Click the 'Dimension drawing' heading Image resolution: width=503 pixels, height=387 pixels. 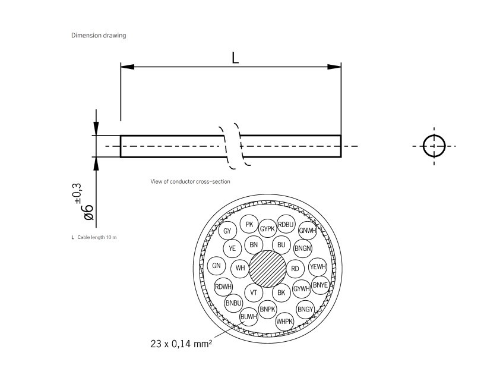pos(99,36)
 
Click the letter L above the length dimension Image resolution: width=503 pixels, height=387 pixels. pos(235,58)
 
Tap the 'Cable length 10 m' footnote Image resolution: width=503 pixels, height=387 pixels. pos(94,237)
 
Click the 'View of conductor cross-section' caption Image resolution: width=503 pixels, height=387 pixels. pos(190,181)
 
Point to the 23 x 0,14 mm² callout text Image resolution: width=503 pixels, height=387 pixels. pos(181,343)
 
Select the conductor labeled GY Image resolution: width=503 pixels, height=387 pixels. pos(227,231)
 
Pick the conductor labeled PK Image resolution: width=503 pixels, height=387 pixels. pos(249,224)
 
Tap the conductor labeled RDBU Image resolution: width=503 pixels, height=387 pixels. pos(286,224)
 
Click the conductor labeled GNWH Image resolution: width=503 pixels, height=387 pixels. pos(306,231)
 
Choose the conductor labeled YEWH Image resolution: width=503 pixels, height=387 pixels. pos(318,267)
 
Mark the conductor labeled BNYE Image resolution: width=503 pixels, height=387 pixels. pos(320,285)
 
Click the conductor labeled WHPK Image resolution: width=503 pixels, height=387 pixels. pos(285,322)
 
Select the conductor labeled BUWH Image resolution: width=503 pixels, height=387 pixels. pos(248,317)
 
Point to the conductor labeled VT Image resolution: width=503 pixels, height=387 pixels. pos(254,292)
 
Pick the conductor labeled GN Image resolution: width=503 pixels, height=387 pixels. pos(217,266)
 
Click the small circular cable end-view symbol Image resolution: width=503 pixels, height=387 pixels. pos(434,146)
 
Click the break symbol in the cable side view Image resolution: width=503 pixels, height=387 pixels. pos(231,146)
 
